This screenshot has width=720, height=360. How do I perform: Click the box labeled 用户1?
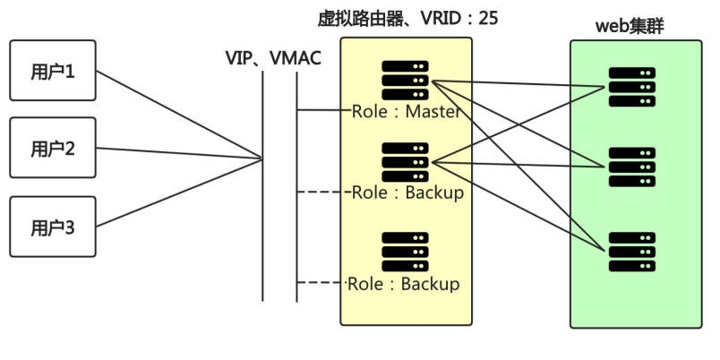pyautogui.click(x=52, y=70)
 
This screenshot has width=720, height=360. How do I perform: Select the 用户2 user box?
pyautogui.click(x=52, y=149)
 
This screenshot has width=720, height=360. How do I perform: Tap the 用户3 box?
pyautogui.click(x=52, y=227)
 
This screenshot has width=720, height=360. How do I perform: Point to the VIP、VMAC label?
pyautogui.click(x=272, y=57)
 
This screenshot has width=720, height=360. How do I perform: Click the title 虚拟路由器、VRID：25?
pyautogui.click(x=407, y=19)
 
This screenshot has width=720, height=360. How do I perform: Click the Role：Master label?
pyautogui.click(x=407, y=112)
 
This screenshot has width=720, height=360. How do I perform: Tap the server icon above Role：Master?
pyautogui.click(x=405, y=80)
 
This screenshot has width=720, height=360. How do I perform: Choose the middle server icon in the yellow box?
pyautogui.click(x=405, y=161)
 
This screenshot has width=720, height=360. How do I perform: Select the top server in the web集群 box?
pyautogui.click(x=631, y=85)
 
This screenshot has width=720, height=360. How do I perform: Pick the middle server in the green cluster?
pyautogui.click(x=631, y=167)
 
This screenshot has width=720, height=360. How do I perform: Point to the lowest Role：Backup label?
pyautogui.click(x=404, y=284)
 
